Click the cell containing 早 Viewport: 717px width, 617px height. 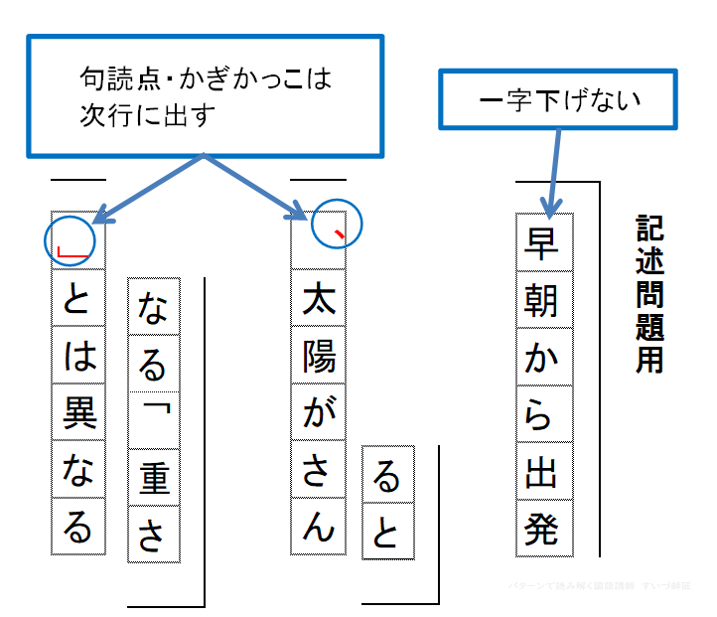coord(545,241)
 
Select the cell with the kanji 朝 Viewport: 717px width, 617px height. coord(545,298)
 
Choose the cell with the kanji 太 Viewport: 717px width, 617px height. coord(318,299)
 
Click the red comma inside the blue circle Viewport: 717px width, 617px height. coord(339,234)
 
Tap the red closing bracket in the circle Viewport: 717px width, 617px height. coord(72,252)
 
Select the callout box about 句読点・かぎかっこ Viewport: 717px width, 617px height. coord(204,96)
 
